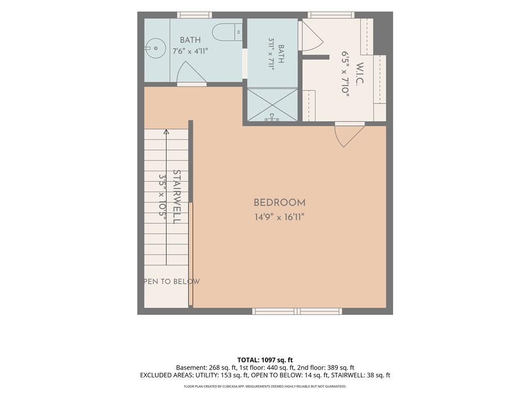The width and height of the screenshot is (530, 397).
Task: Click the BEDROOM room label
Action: (x=279, y=203)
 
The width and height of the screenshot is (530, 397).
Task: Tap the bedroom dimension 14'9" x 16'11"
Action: (x=279, y=217)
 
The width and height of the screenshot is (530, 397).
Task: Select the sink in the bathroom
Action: (x=155, y=48)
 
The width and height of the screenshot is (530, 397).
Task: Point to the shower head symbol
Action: (x=272, y=118)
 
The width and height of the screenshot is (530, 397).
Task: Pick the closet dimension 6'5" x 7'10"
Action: (x=345, y=74)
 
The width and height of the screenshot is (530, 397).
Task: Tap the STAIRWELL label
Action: (x=176, y=197)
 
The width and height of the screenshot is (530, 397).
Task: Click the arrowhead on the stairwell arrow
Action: (x=166, y=132)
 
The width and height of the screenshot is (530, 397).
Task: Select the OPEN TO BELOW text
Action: (x=172, y=282)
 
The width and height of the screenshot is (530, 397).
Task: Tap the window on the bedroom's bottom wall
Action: (x=297, y=311)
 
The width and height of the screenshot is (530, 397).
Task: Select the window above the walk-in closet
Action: (x=331, y=15)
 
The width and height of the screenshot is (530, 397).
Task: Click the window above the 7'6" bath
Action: (x=195, y=15)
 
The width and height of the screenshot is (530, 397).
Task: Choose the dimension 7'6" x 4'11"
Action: (x=190, y=51)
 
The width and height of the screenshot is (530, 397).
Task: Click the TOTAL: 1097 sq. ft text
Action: (x=265, y=360)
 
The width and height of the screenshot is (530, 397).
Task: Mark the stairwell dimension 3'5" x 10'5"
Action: (x=163, y=197)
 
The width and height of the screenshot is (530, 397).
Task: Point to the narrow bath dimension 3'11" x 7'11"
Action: (x=271, y=54)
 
